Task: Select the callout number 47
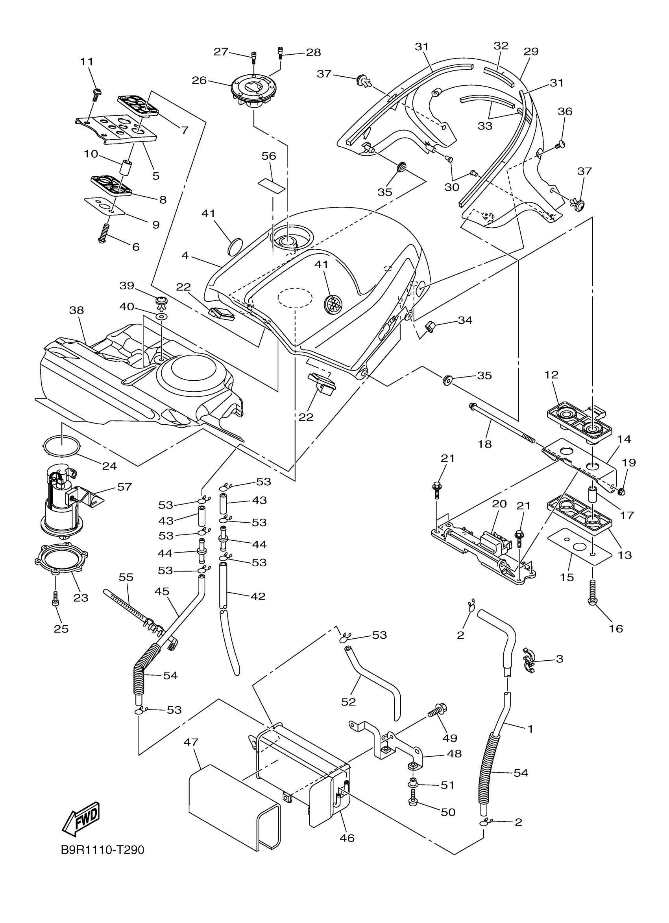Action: coord(190,742)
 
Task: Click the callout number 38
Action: coord(77,310)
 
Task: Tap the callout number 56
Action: coord(269,156)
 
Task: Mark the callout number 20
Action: coord(499,503)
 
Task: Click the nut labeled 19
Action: coord(621,492)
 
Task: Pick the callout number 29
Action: coord(531,52)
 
